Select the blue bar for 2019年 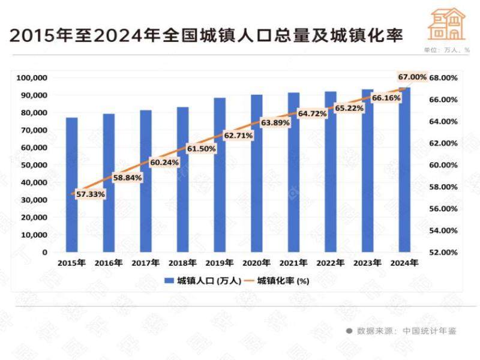[220, 175]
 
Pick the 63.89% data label [275, 122]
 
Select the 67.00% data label [412, 77]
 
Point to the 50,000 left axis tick [34, 165]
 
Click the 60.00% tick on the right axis [443, 165]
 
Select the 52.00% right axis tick [443, 252]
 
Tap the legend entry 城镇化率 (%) [281, 281]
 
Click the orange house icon [446, 24]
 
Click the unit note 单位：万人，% [446, 50]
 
